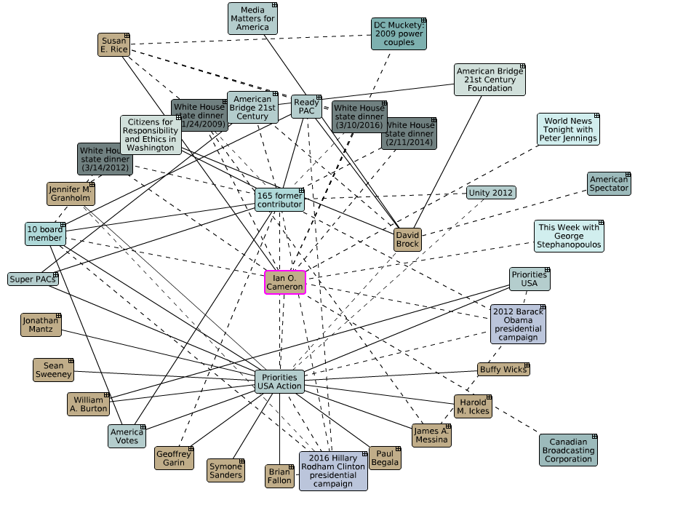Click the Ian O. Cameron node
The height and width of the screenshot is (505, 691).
pyautogui.click(x=285, y=282)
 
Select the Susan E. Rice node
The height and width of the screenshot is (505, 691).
pyautogui.click(x=113, y=44)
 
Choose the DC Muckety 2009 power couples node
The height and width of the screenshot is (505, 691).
pyautogui.click(x=398, y=33)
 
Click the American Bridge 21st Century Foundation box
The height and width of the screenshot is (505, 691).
pyautogui.click(x=490, y=79)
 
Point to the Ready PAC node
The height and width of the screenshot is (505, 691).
pyautogui.click(x=306, y=106)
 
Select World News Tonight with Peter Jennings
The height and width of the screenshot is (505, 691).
pyautogui.click(x=568, y=129)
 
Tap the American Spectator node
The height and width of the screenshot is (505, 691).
pyautogui.click(x=609, y=183)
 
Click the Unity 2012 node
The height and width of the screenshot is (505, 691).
pyautogui.click(x=491, y=193)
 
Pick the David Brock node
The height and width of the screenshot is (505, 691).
pyautogui.click(x=407, y=239)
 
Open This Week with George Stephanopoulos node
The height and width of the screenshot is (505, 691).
pyautogui.click(x=569, y=236)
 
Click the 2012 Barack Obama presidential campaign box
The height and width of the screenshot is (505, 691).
pyautogui.click(x=517, y=324)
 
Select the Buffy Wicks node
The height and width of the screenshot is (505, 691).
pyautogui.click(x=503, y=370)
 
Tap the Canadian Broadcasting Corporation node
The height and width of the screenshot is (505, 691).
pyautogui.click(x=568, y=450)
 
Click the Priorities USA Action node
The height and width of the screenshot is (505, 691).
pyautogui.click(x=279, y=381)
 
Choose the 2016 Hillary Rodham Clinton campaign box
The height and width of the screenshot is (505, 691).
pyautogui.click(x=333, y=470)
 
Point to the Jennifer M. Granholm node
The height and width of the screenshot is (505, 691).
pyautogui.click(x=71, y=194)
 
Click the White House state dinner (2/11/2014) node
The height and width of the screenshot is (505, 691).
pyautogui.click(x=409, y=133)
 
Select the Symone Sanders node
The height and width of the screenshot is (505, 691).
pyautogui.click(x=225, y=470)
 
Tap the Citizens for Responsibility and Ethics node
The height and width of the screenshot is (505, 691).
pyautogui.click(x=151, y=134)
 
